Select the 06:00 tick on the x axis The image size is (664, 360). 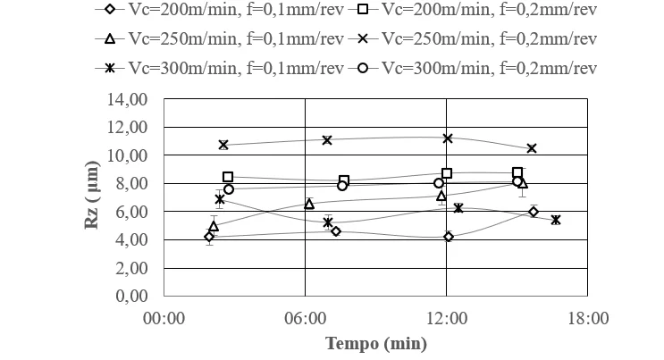point(305,317)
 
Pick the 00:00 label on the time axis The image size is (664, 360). point(164,317)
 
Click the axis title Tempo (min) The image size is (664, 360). point(375,343)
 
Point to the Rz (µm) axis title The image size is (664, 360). point(91,197)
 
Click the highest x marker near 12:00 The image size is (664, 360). point(448,138)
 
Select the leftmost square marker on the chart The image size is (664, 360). point(228,177)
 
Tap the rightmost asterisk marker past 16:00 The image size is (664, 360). point(556,220)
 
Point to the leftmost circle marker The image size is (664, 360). point(229,189)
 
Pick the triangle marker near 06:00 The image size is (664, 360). point(309,205)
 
